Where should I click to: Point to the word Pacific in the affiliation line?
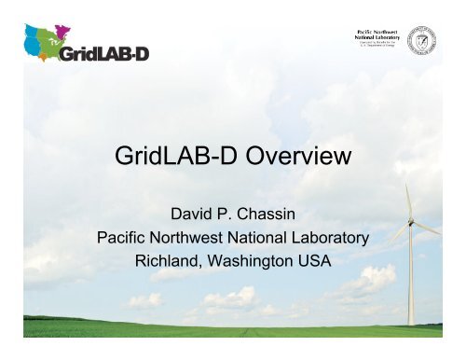point(128,237)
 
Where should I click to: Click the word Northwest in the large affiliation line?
point(199,237)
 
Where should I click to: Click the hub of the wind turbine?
point(409,223)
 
